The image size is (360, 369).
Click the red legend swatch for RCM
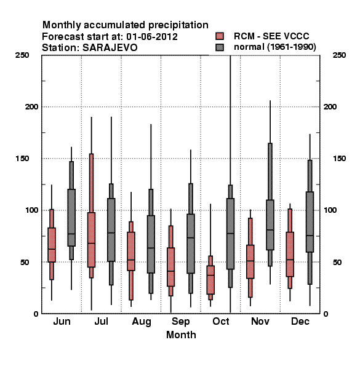pos(220,36)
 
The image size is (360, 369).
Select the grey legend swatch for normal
pos(220,47)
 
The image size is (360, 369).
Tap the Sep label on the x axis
pos(180,322)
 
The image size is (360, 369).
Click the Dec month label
pos(300,321)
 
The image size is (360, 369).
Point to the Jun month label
pos(62,321)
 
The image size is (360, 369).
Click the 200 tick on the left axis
pos(31,106)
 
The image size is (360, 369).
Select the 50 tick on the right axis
pos(337,262)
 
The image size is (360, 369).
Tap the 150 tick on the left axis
pos(22,159)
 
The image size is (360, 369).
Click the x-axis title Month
pos(181,335)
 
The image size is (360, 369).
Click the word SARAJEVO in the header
pos(110,48)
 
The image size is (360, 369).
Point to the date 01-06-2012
pos(152,37)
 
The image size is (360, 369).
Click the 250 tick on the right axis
pos(339,55)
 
